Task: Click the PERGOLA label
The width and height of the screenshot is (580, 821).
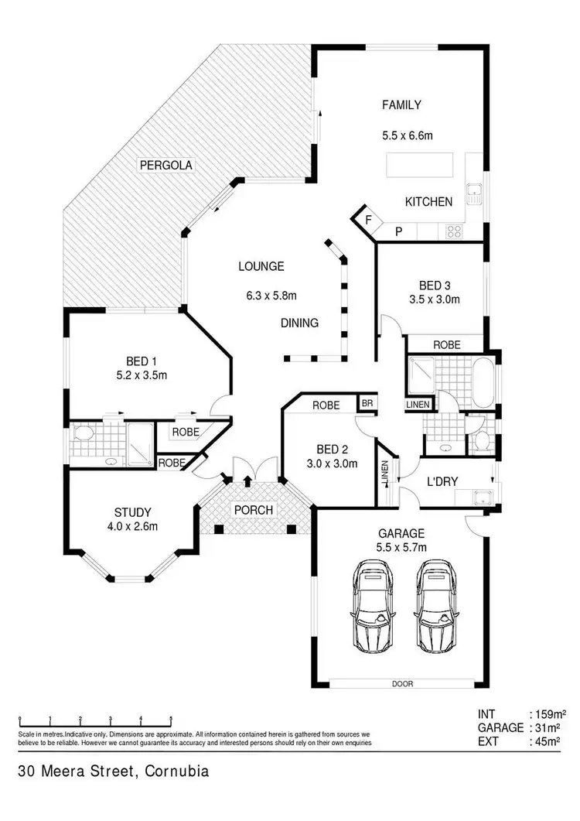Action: [x=165, y=165]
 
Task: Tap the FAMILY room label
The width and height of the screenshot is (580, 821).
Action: [x=401, y=105]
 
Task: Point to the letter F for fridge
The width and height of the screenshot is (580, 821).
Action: [x=369, y=220]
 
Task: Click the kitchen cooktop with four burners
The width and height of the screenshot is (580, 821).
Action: [x=452, y=231]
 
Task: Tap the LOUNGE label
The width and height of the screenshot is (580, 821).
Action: [x=261, y=266]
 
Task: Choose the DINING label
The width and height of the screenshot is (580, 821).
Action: [x=299, y=323]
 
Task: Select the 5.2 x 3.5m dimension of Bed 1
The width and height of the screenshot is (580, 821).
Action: [x=147, y=375]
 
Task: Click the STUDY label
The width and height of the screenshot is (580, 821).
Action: [x=132, y=512]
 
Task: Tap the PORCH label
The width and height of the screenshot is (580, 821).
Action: [x=254, y=510]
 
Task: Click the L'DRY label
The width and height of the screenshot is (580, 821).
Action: [x=442, y=481]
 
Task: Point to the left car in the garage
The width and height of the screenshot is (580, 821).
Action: [x=374, y=605]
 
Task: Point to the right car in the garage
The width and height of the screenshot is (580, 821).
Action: [x=436, y=605]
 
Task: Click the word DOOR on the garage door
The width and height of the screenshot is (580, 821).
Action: [x=403, y=684]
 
